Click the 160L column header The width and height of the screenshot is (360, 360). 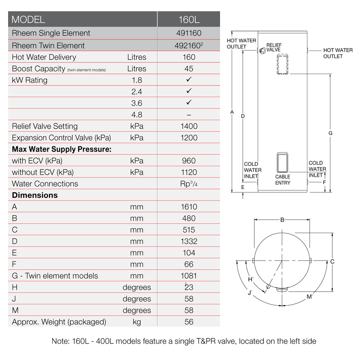point(189,20)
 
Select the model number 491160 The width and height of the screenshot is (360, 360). point(189,33)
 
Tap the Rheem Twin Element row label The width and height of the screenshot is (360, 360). point(48,45)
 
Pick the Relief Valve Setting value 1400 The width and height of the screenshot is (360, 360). point(189,126)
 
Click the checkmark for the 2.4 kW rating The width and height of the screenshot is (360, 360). point(189,91)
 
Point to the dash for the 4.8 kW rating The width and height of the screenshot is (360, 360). point(189,115)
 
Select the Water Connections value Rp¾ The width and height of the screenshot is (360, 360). point(189,184)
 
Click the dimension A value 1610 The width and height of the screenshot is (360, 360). point(189,207)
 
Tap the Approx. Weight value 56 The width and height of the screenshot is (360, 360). point(189,322)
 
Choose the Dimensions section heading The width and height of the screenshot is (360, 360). point(35,195)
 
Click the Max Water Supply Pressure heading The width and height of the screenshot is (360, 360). point(61,149)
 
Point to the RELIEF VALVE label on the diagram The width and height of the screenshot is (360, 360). point(273,48)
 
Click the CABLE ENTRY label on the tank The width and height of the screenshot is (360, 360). point(283,180)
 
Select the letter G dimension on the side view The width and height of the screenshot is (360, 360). point(330,133)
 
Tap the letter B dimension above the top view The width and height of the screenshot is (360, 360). point(282,220)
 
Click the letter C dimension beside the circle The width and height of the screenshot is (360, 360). point(332,261)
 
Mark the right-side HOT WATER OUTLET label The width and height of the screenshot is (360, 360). point(338,53)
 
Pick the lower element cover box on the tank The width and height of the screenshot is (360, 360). point(282,161)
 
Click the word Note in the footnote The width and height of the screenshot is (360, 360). point(60,342)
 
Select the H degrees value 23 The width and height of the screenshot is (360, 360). point(189,287)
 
